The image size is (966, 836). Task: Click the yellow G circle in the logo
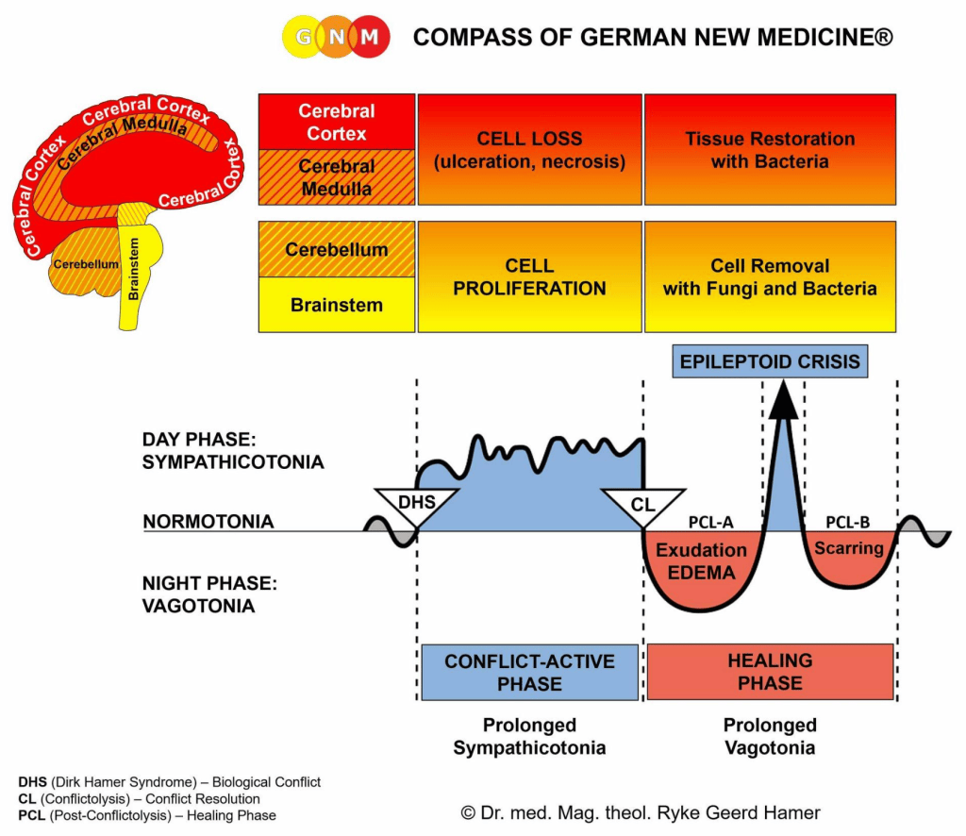click(x=303, y=37)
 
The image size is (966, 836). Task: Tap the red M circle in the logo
click(x=370, y=37)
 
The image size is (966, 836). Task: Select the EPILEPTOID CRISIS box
click(x=770, y=361)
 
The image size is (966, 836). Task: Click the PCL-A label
click(x=711, y=523)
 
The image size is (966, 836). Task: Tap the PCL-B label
click(x=848, y=523)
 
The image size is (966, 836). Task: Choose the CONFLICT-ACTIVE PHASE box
click(x=530, y=672)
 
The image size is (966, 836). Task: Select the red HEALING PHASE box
click(x=770, y=672)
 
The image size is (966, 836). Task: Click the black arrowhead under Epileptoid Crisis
click(x=783, y=399)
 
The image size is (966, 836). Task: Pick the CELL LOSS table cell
click(x=530, y=150)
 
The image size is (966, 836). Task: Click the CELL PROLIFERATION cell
click(x=530, y=276)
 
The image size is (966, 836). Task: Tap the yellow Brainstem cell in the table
click(x=337, y=305)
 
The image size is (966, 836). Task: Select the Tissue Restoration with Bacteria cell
click(x=770, y=150)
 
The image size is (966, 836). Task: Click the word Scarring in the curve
click(x=849, y=547)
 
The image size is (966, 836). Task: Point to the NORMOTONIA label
click(x=208, y=522)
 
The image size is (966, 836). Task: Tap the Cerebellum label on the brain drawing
click(x=86, y=264)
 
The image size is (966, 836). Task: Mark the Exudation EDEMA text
click(x=701, y=561)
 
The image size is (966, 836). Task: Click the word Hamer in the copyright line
click(x=791, y=812)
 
